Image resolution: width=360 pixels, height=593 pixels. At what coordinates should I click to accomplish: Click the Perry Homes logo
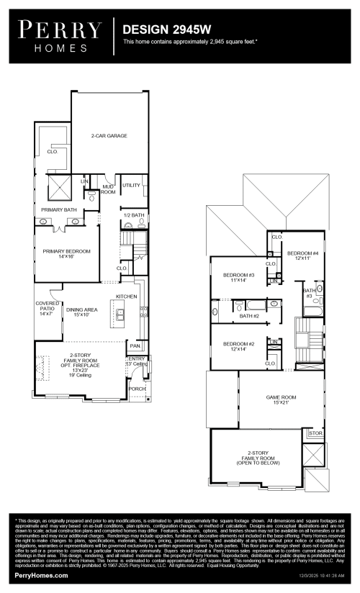tap(60, 36)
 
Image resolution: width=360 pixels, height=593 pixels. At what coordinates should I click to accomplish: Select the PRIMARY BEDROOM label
tap(65, 253)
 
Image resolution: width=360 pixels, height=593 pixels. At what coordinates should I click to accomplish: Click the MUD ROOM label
tap(108, 189)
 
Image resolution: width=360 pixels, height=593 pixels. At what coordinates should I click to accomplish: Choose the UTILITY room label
tap(131, 185)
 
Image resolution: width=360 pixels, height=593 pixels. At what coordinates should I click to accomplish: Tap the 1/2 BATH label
tap(133, 215)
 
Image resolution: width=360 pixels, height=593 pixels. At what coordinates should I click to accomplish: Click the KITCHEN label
tap(127, 296)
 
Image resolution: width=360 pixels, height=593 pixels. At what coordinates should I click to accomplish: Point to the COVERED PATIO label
tap(46, 309)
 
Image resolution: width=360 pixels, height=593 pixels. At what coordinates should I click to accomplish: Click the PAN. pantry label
tap(135, 345)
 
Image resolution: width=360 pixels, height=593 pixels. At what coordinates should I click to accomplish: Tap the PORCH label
tap(136, 389)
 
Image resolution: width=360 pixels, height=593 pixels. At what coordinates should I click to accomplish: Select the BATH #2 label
tap(249, 315)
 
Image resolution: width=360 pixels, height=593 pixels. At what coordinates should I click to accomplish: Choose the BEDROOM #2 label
tap(238, 346)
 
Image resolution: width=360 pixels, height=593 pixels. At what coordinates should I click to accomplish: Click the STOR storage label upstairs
tap(315, 433)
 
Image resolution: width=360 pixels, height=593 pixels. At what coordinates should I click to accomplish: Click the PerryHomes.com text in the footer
tap(42, 576)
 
